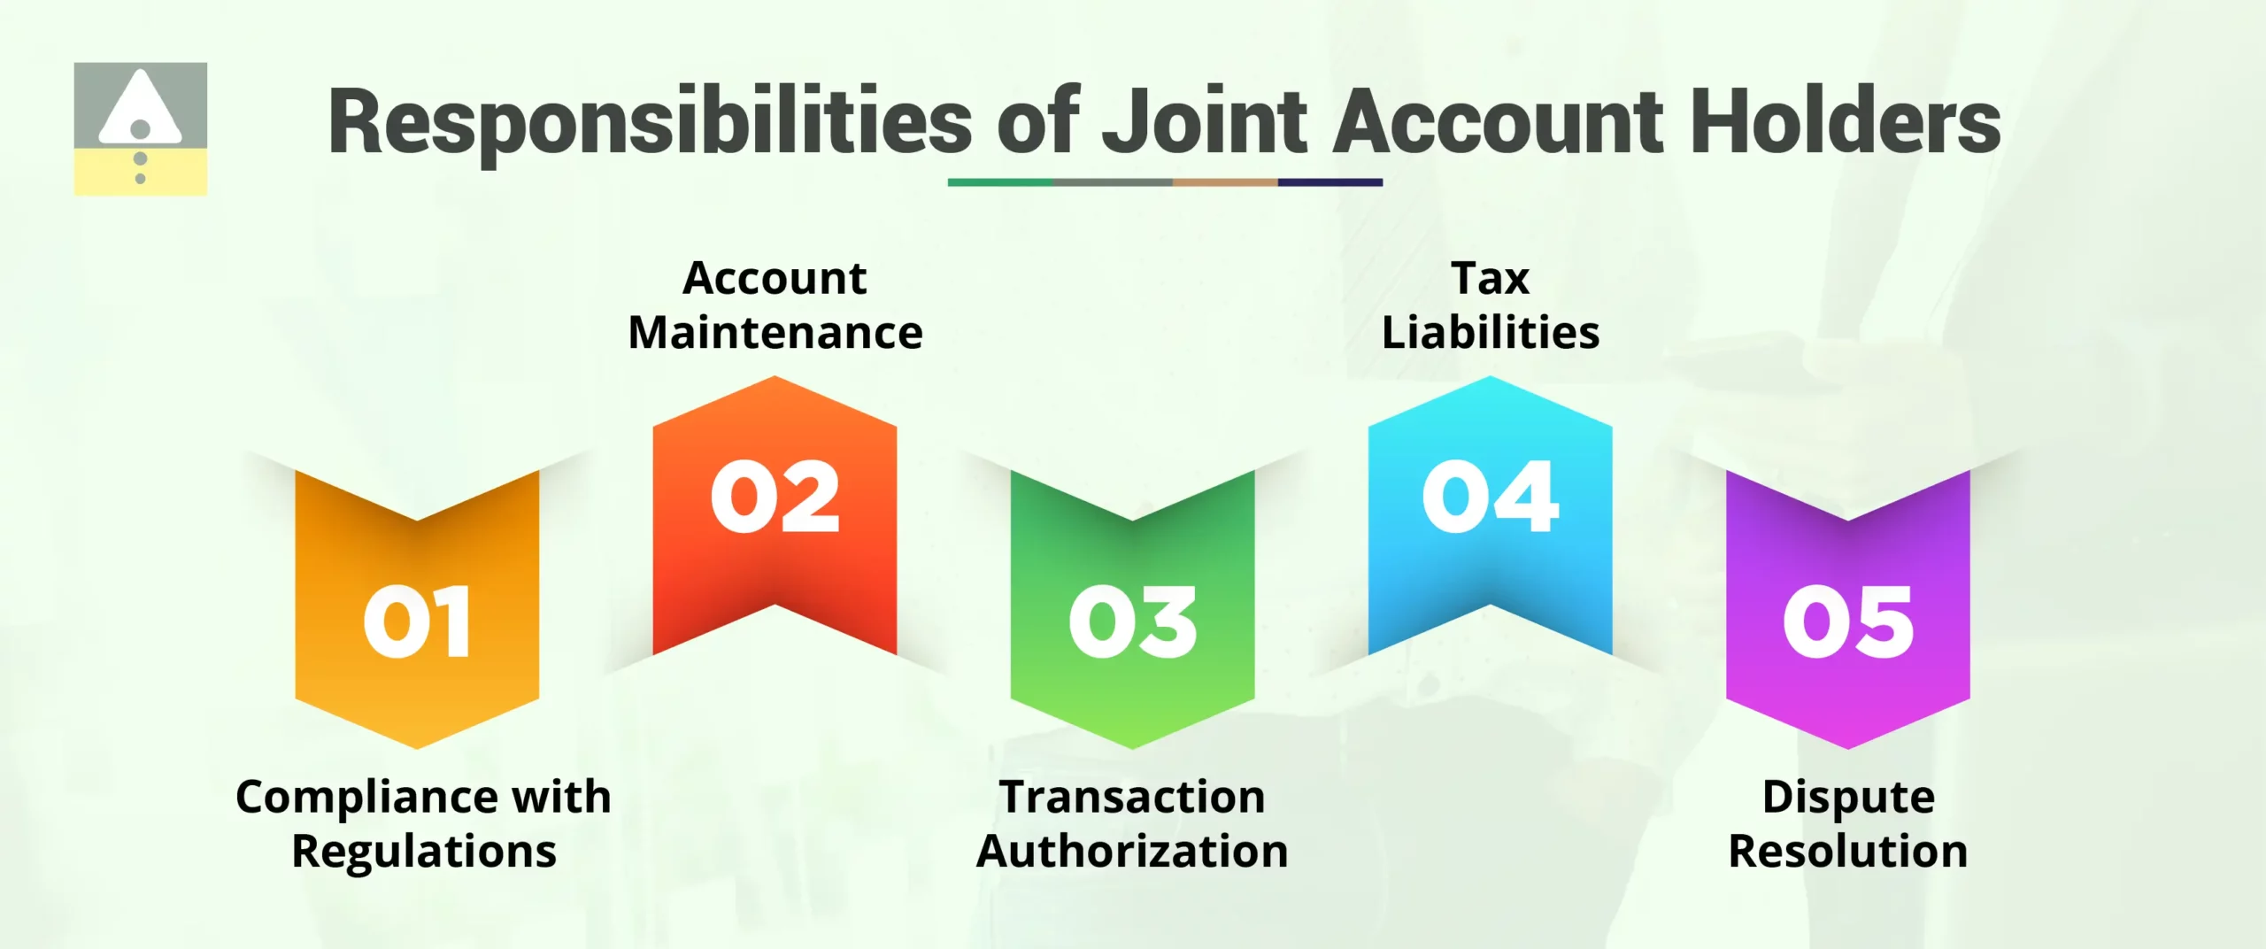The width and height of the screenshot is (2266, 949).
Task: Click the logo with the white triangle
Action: (141, 128)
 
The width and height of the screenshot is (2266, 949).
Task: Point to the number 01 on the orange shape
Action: (417, 621)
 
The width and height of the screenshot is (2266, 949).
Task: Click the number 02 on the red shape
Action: (775, 497)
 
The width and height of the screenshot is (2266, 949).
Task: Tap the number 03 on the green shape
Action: (1133, 621)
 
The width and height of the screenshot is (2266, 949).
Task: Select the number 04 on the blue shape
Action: (1491, 497)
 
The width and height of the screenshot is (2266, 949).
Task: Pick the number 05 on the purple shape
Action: (1848, 621)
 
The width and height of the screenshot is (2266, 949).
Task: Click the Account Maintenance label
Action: (775, 305)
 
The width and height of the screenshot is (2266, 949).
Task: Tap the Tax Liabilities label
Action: (1491, 305)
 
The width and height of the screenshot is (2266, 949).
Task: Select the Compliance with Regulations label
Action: (423, 823)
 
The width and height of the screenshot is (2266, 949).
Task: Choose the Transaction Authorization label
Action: (1132, 823)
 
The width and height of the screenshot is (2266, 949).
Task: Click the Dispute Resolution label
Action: (1848, 823)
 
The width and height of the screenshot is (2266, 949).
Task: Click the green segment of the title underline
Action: (1000, 182)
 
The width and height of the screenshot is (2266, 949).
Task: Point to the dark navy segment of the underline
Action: (1330, 182)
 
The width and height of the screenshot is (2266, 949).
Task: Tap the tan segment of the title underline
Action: (1225, 182)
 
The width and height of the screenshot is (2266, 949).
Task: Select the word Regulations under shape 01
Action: (424, 852)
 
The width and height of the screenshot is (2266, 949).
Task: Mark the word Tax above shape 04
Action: (1491, 279)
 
